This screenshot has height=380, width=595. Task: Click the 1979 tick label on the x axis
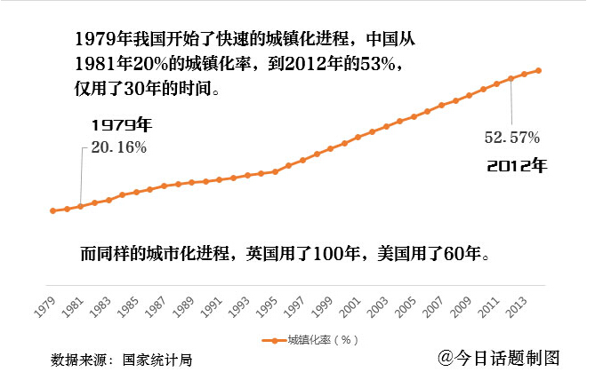click(45, 307)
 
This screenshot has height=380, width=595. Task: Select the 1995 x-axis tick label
click(267, 307)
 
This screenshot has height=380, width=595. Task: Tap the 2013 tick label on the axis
click(517, 307)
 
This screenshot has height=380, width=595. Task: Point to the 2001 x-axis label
click(350, 307)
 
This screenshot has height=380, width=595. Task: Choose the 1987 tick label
click(156, 307)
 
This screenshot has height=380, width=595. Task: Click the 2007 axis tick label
click(434, 307)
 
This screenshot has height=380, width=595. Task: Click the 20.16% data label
click(119, 147)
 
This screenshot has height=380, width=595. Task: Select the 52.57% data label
click(512, 138)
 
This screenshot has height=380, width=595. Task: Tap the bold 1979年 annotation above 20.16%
click(122, 125)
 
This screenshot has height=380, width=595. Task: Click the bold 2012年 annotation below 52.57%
click(517, 165)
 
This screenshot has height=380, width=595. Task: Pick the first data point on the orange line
click(52, 210)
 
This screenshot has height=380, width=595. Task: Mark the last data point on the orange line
click(538, 70)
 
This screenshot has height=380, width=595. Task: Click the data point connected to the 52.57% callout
click(511, 78)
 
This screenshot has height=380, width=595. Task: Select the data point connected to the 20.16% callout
click(80, 206)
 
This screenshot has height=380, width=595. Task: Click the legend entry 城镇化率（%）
click(310, 340)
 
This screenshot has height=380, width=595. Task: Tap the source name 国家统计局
click(157, 360)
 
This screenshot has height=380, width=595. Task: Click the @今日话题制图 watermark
click(499, 358)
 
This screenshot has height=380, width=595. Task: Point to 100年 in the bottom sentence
click(336, 253)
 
